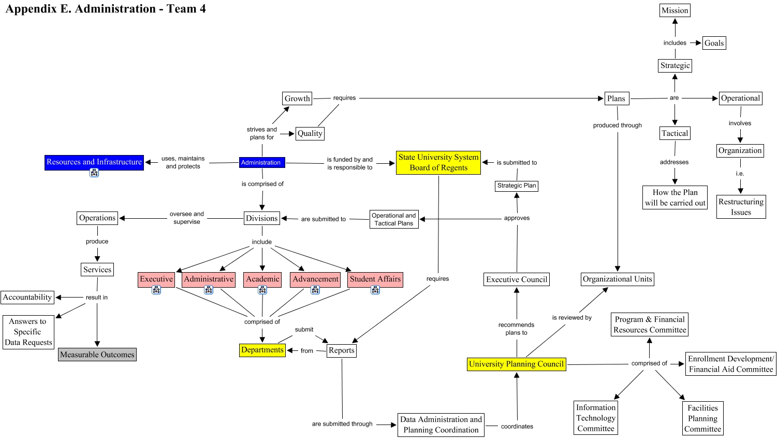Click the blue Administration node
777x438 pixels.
click(261, 163)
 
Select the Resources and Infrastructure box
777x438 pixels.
click(94, 162)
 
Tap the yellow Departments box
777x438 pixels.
click(262, 350)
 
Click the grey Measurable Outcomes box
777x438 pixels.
click(97, 355)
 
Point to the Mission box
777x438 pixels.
click(675, 10)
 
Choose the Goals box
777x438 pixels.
click(714, 44)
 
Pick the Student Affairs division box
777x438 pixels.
click(375, 279)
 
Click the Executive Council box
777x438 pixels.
click(517, 280)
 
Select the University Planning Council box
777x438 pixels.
click(516, 364)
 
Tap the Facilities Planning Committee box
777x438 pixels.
click(702, 419)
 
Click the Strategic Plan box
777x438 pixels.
click(517, 186)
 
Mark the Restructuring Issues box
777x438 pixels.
click(741, 207)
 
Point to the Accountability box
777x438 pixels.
click(27, 298)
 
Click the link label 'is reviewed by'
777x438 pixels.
click(571, 318)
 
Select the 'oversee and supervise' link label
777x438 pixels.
click(187, 218)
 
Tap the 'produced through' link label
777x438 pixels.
click(617, 125)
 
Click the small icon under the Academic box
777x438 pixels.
click(262, 290)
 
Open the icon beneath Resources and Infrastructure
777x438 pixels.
click(94, 173)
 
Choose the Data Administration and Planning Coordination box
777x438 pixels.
click(441, 425)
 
